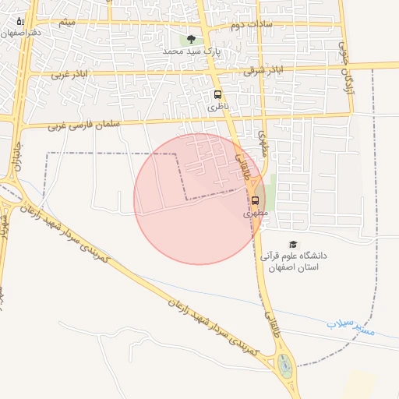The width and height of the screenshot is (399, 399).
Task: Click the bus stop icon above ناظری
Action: pyautogui.click(x=217, y=94)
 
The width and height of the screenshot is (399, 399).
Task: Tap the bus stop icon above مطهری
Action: pyautogui.click(x=256, y=200)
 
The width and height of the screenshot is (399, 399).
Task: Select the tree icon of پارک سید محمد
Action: pyautogui.click(x=191, y=39)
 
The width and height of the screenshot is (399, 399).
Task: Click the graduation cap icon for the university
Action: pyautogui.click(x=292, y=245)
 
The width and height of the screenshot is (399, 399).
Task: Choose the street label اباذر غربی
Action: pyautogui.click(x=68, y=75)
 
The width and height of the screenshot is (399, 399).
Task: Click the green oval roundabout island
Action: pyautogui.click(x=284, y=364)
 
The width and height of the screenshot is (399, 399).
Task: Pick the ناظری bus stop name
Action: pyautogui.click(x=217, y=108)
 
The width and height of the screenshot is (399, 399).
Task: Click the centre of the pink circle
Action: pyautogui.click(x=199, y=199)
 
